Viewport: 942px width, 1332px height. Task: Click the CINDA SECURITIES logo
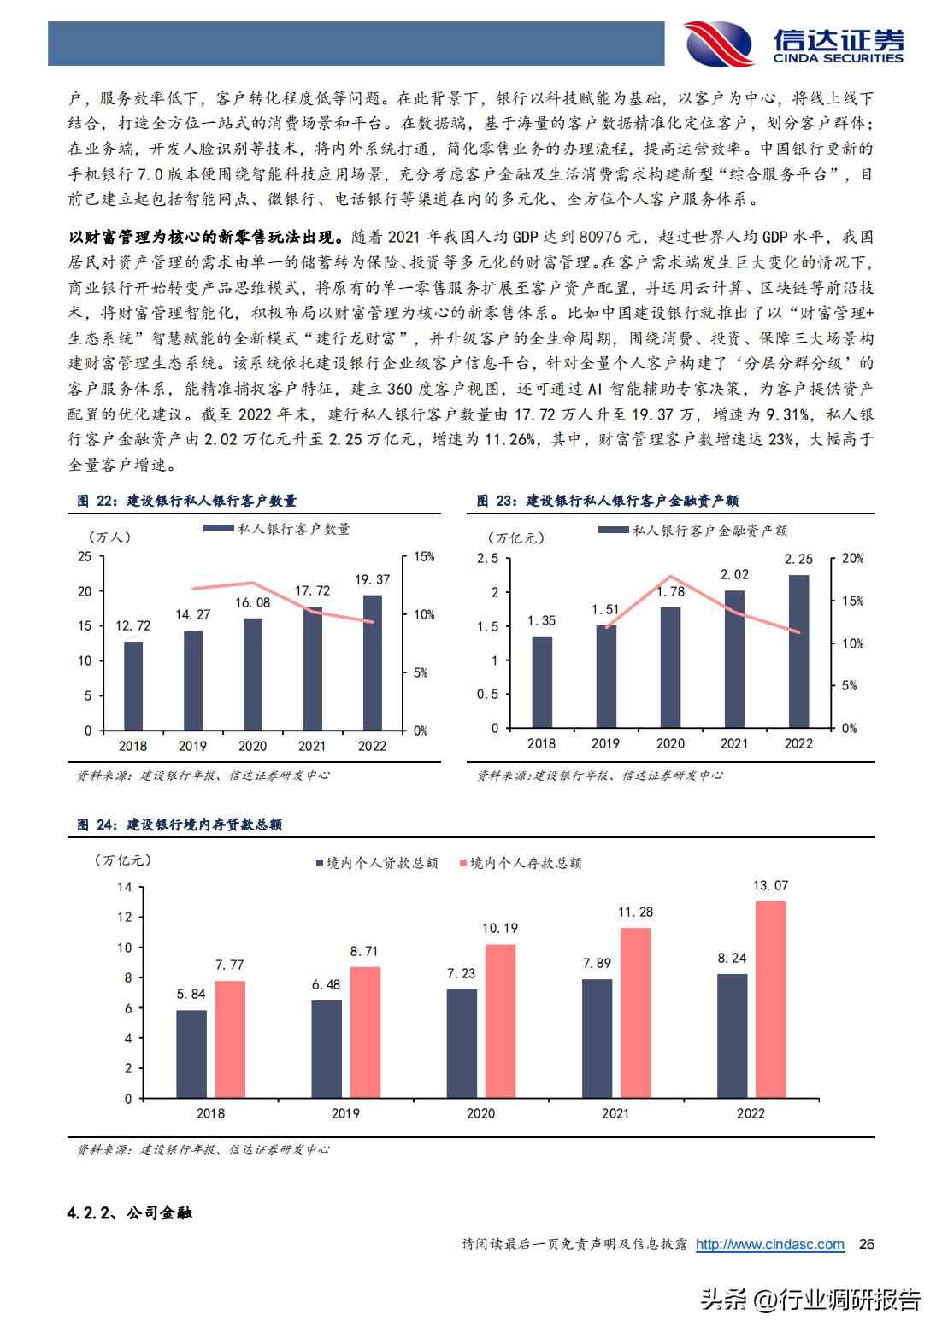(793, 43)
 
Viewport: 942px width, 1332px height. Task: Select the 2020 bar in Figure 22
(253, 674)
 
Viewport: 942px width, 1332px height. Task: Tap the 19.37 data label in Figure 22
(373, 579)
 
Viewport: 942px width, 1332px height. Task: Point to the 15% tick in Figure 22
(424, 557)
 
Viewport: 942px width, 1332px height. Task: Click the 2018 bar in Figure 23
(541, 682)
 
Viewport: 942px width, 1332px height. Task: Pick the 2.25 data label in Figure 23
(798, 559)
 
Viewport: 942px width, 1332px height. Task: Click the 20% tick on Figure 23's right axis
(852, 559)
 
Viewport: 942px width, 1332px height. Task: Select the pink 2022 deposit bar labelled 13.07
(771, 1000)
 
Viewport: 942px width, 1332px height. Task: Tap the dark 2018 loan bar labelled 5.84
(191, 1054)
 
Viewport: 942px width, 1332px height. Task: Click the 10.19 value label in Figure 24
(500, 928)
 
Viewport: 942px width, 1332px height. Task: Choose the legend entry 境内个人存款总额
(521, 863)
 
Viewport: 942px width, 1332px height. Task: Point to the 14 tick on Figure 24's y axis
(125, 887)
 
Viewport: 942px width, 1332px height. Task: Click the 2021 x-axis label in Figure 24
(615, 1113)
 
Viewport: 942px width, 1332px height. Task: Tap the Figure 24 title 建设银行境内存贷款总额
(204, 824)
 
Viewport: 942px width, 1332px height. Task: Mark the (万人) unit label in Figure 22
(109, 537)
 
